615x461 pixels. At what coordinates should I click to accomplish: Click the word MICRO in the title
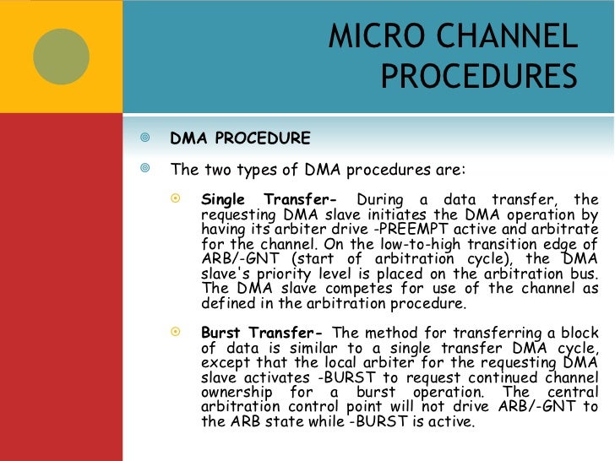pyautogui.click(x=365, y=36)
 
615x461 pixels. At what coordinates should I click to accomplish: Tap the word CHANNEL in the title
pyautogui.click(x=497, y=36)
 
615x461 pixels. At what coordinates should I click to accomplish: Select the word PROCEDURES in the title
pyautogui.click(x=478, y=77)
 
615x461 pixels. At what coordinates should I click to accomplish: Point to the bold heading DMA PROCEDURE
pyautogui.click(x=240, y=138)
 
